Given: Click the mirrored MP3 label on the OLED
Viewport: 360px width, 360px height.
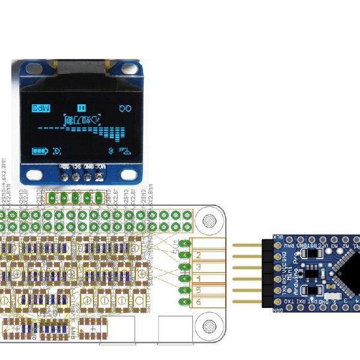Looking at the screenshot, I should click(40, 108).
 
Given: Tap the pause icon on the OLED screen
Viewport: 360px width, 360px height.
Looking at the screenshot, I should click(81, 108).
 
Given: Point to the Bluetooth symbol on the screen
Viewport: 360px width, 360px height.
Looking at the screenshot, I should click(110, 150).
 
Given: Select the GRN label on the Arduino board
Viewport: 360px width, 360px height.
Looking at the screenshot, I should click(277, 310).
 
